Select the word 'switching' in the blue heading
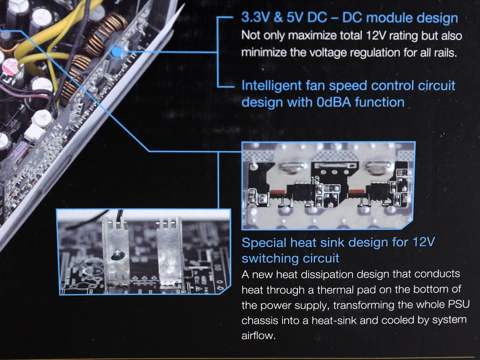pos(265,259)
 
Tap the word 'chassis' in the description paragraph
pos(259,321)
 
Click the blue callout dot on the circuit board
pos(116,52)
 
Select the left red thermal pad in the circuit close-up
pos(278,193)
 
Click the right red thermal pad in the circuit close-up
pos(357,192)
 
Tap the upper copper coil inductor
pos(106,34)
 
